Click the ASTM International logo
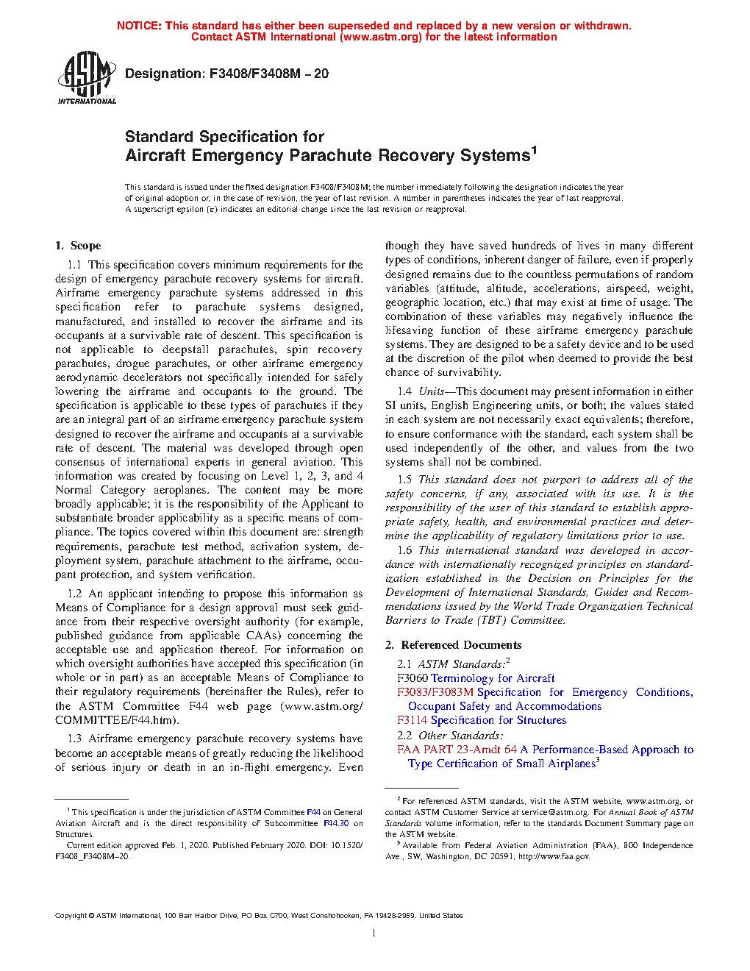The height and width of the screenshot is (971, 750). click(x=87, y=78)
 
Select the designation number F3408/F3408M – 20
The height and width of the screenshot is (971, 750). click(x=269, y=74)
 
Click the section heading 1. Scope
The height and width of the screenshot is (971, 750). click(x=78, y=246)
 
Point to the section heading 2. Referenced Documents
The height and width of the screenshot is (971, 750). click(x=454, y=645)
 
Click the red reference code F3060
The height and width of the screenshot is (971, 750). click(x=413, y=678)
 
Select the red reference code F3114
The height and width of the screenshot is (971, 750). click(x=413, y=720)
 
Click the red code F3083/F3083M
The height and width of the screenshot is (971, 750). click(x=435, y=692)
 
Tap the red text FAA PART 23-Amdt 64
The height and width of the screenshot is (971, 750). click(x=457, y=750)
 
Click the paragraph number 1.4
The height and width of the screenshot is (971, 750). click(x=404, y=391)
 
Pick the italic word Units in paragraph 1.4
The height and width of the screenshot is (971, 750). click(x=431, y=391)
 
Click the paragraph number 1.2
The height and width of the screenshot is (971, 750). click(x=74, y=594)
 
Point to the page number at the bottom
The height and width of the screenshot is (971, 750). click(x=374, y=933)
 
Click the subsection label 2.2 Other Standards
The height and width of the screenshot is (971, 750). click(x=450, y=736)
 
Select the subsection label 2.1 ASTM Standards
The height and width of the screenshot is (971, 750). click(x=451, y=664)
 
